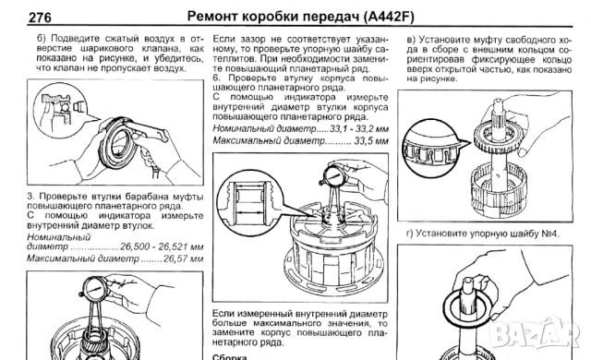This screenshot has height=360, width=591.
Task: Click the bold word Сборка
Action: coord(230,354)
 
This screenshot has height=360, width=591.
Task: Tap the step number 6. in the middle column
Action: coord(217,78)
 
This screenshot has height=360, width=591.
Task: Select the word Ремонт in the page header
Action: coord(213,17)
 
